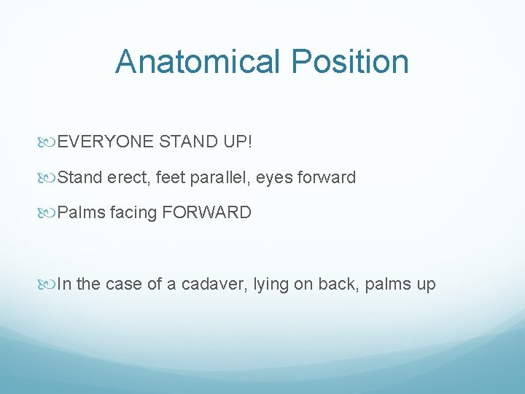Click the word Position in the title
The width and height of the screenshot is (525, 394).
(x=350, y=61)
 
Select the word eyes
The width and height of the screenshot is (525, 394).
(x=281, y=177)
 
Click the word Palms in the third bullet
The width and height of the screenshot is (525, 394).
(x=82, y=213)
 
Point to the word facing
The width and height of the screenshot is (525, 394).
(x=133, y=213)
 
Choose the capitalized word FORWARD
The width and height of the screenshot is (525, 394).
(x=207, y=213)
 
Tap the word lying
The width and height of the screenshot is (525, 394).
(x=271, y=284)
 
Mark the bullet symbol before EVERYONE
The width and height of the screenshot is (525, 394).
(x=50, y=142)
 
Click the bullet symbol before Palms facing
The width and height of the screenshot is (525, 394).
(x=50, y=214)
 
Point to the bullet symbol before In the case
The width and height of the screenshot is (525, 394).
(x=50, y=285)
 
